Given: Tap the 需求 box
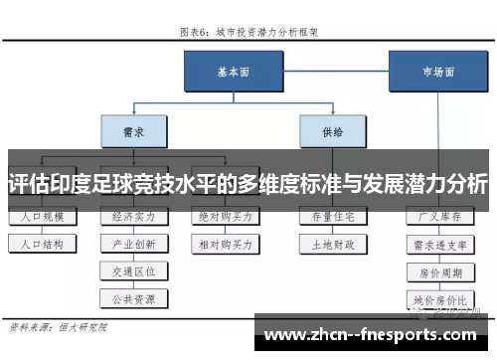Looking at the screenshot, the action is tap(128, 129).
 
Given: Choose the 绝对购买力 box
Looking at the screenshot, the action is tap(225, 216).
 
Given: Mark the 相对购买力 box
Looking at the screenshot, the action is tap(225, 243).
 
